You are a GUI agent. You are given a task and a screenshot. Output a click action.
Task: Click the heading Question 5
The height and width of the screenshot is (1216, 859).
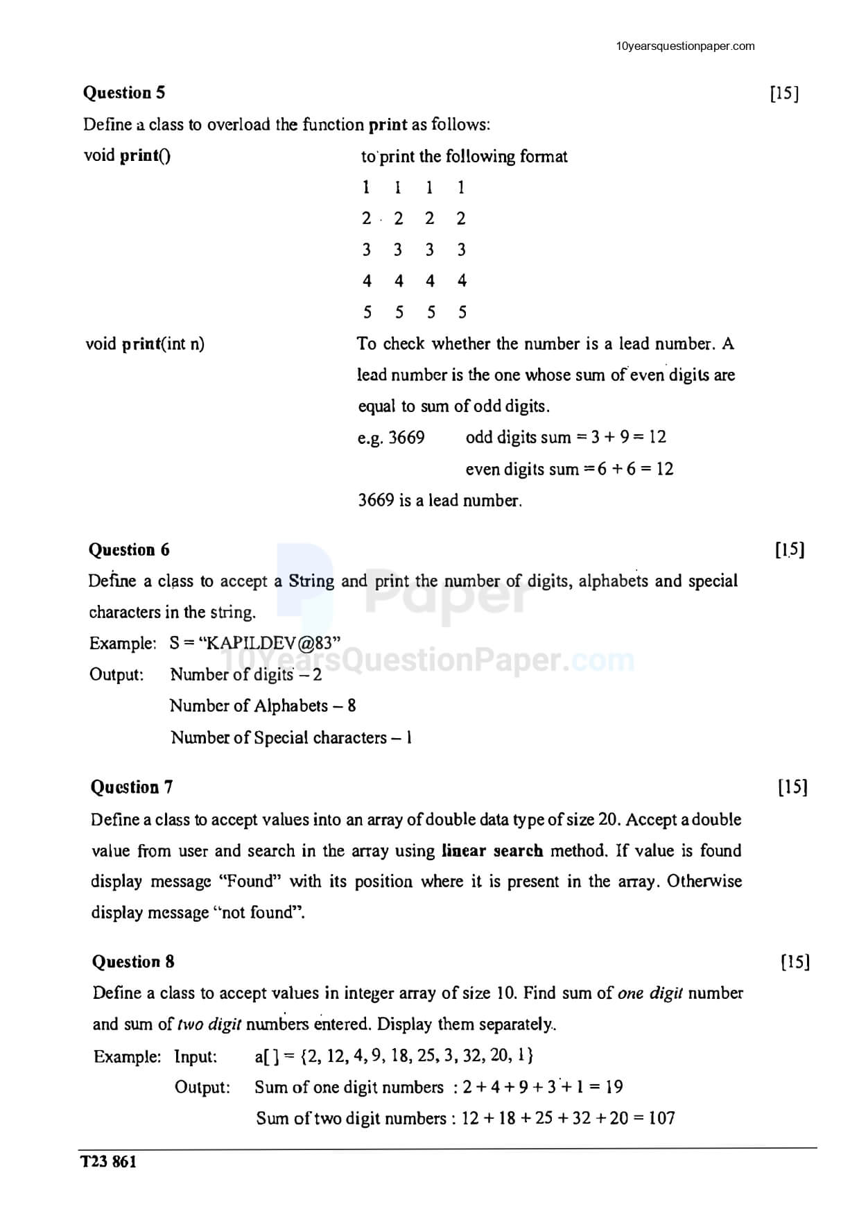pyautogui.click(x=124, y=93)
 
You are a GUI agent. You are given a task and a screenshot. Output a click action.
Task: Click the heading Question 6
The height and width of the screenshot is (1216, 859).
pyautogui.click(x=129, y=550)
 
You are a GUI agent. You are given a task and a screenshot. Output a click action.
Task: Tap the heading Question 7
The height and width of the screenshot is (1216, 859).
pyautogui.click(x=132, y=787)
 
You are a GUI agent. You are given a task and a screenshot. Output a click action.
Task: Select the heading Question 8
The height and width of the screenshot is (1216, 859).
pyautogui.click(x=133, y=962)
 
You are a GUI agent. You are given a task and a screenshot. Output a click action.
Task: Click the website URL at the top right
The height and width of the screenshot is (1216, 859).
pyautogui.click(x=685, y=46)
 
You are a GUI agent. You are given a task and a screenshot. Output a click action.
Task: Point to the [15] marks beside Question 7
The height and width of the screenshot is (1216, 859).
pyautogui.click(x=792, y=787)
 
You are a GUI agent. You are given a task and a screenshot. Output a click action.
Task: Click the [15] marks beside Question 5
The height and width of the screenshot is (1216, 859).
pyautogui.click(x=784, y=94)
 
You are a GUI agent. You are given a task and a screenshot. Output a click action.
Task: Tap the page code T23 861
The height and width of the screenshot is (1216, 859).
pyautogui.click(x=109, y=1162)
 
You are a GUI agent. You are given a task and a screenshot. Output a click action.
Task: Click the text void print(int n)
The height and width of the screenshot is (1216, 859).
pyautogui.click(x=145, y=344)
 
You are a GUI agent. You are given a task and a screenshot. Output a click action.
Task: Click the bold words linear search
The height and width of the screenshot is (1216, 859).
pyautogui.click(x=492, y=851)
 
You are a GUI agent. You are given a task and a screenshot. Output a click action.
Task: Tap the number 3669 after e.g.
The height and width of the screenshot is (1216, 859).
pyautogui.click(x=406, y=438)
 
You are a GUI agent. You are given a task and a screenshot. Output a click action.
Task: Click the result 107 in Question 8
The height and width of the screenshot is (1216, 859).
pyautogui.click(x=661, y=1118)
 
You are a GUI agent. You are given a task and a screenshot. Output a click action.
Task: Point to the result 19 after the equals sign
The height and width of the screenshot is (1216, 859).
pyautogui.click(x=614, y=1087)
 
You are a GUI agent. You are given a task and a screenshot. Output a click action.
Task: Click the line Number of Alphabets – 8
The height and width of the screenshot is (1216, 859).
pyautogui.click(x=263, y=706)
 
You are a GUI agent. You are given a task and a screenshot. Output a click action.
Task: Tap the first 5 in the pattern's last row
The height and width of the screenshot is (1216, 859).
pyautogui.click(x=367, y=313)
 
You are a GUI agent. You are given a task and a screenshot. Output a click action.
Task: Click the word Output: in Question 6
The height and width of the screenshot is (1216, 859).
pyautogui.click(x=116, y=675)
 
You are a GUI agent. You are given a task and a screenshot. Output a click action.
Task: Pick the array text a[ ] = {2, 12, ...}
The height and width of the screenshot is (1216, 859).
pyautogui.click(x=394, y=1056)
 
